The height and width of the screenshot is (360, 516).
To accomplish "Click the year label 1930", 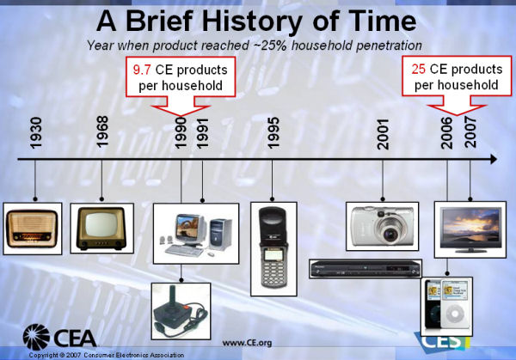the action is (35, 133).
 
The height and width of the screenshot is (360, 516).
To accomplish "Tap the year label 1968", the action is (102, 131).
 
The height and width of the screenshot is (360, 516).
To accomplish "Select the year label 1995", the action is (273, 133).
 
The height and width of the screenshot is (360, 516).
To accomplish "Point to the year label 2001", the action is (383, 135).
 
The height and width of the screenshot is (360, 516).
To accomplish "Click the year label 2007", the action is (470, 131).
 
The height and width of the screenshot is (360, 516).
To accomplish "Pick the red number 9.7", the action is (142, 70).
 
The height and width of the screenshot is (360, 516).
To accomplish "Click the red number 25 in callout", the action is (418, 69).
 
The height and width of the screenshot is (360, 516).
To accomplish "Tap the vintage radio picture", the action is (33, 229).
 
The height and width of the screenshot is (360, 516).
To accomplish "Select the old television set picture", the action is (101, 229).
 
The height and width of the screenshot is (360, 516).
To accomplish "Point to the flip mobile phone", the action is (273, 248).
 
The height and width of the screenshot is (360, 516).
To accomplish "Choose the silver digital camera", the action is (382, 226).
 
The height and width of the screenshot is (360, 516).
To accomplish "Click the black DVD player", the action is (365, 269).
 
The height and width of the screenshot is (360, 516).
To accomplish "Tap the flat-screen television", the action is (470, 229).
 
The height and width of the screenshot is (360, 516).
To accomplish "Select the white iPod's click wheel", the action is (455, 314).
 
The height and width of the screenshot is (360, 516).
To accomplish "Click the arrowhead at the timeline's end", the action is (494, 159).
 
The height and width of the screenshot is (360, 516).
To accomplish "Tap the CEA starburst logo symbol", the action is (36, 337).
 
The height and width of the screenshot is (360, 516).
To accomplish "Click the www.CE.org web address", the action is (247, 343).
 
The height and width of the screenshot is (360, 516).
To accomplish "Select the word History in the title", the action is (252, 21).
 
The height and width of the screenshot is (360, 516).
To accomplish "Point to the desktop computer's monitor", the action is (187, 230).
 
